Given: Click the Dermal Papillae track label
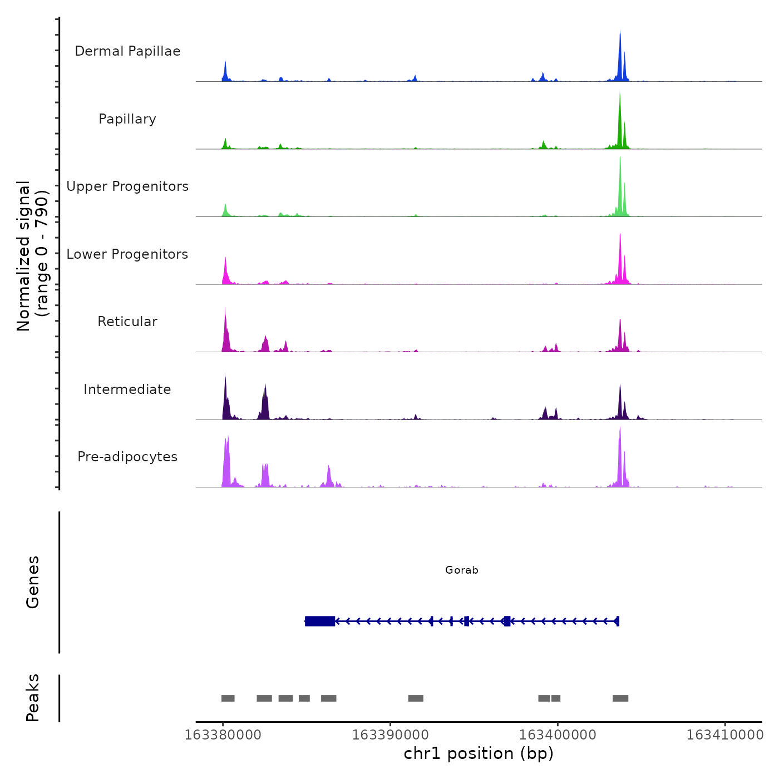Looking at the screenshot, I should click(127, 51).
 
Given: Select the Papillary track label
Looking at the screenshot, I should click(127, 119).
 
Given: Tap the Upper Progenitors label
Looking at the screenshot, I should click(127, 186).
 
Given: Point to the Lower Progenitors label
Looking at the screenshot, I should click(127, 254).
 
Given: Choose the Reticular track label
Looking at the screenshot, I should click(127, 322).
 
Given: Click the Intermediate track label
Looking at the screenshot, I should click(127, 389).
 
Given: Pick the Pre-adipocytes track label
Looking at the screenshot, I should click(127, 457).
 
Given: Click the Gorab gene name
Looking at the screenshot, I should click(461, 570).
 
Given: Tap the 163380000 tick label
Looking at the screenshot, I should click(223, 735).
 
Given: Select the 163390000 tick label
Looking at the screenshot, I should click(390, 735).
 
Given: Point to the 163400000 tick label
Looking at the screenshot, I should click(558, 735).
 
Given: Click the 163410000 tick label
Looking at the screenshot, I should click(724, 735).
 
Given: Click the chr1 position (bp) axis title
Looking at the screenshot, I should click(479, 754).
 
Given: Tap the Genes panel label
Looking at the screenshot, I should click(33, 582).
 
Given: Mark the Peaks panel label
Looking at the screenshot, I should click(33, 698).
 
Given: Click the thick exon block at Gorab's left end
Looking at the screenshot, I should click(320, 621).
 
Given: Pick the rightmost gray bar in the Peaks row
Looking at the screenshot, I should click(620, 698).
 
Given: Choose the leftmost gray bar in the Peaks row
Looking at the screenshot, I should click(228, 698).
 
